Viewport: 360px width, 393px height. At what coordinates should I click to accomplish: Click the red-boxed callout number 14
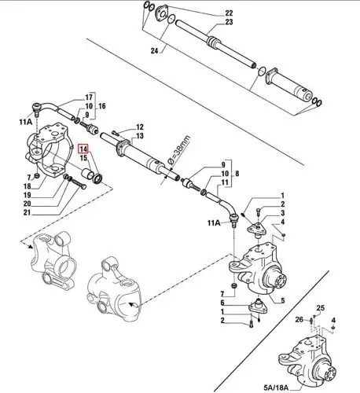[x=83, y=149]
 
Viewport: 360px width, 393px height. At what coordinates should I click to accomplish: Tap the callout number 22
[x=229, y=13]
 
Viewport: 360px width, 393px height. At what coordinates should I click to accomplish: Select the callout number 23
[x=229, y=22]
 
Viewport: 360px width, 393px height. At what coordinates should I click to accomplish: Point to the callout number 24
[x=155, y=51]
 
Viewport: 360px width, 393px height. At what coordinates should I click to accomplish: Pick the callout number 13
[x=140, y=136]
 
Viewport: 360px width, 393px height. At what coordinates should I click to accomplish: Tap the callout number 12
[x=140, y=127]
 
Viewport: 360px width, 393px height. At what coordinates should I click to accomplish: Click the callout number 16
[x=102, y=106]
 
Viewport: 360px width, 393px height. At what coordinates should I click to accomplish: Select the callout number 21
[x=27, y=212]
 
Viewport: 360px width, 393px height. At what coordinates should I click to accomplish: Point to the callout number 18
[x=27, y=186]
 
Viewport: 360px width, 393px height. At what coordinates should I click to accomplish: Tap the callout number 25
[x=321, y=308]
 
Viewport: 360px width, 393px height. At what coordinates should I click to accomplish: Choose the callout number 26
[x=299, y=319]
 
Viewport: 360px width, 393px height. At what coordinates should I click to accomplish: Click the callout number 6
[x=222, y=303]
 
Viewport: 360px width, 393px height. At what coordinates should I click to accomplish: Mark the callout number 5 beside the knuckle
[x=283, y=301]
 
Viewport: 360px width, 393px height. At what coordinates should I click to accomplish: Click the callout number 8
[x=237, y=174]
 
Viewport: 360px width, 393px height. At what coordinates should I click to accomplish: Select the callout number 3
[x=283, y=213]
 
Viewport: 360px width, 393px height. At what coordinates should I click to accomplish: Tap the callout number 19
[x=27, y=195]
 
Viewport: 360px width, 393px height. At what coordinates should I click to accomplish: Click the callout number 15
[x=83, y=158]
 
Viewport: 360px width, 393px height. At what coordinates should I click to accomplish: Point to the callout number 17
[x=89, y=97]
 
